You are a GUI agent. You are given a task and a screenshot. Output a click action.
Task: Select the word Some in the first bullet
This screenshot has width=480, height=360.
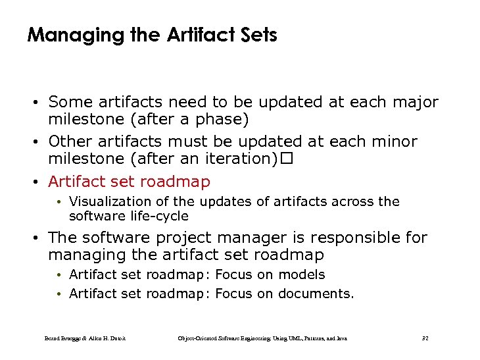pyautogui.click(x=70, y=103)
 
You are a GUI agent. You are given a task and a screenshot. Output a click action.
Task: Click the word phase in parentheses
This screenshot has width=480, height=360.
pyautogui.click(x=220, y=120)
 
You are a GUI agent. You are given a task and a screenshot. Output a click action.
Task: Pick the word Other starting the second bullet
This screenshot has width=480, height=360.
pyautogui.click(x=71, y=141)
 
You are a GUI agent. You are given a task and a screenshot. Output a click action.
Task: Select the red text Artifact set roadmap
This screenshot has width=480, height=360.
pyautogui.click(x=130, y=182)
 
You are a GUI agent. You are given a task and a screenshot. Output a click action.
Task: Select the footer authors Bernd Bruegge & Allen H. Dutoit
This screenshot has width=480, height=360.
pyautogui.click(x=85, y=338)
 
